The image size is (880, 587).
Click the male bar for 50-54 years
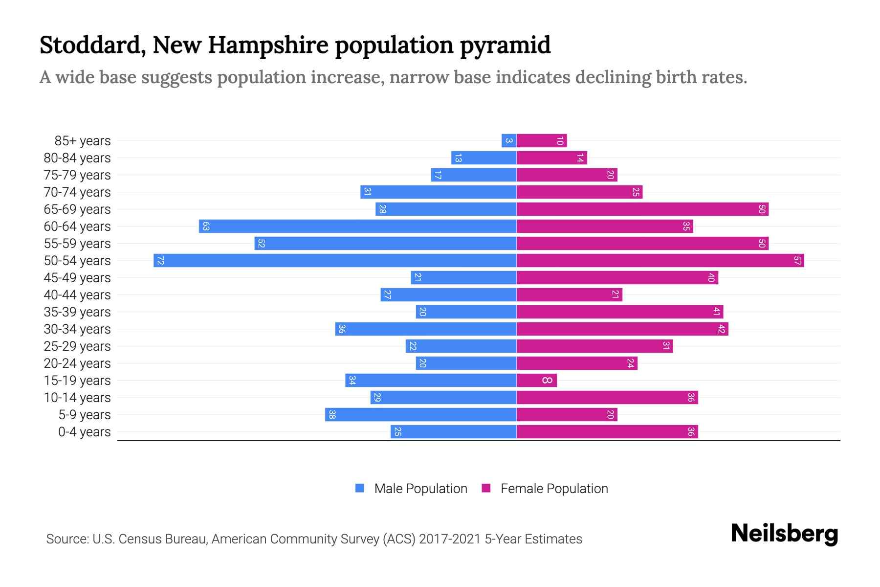[x=335, y=260]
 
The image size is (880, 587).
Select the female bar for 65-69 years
[x=642, y=209]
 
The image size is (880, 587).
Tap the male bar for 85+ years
[x=509, y=140]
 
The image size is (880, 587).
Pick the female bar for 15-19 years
[x=536, y=380]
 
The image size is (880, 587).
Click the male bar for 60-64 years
[x=357, y=226]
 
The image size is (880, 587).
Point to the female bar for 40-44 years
[x=569, y=294]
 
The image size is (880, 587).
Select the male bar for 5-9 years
[x=420, y=414]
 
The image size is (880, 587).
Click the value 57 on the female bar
[x=797, y=260]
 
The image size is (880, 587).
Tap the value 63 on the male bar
[x=206, y=226]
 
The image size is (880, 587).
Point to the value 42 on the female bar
[x=721, y=329]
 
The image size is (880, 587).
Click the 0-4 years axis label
[x=84, y=431]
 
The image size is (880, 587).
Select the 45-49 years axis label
[x=77, y=277]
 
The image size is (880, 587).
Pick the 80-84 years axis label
[x=77, y=158]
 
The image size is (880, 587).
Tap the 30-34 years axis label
[x=77, y=329]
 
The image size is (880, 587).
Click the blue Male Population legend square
[x=360, y=488]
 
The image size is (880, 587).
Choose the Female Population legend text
[x=554, y=488]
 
